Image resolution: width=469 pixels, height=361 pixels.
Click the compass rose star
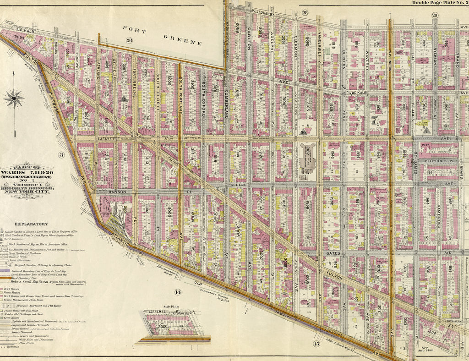(14, 97)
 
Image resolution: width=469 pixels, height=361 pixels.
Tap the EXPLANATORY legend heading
(31, 224)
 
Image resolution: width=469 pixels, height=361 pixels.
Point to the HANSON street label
(108, 192)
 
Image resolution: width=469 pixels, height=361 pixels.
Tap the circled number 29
(434, 16)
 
